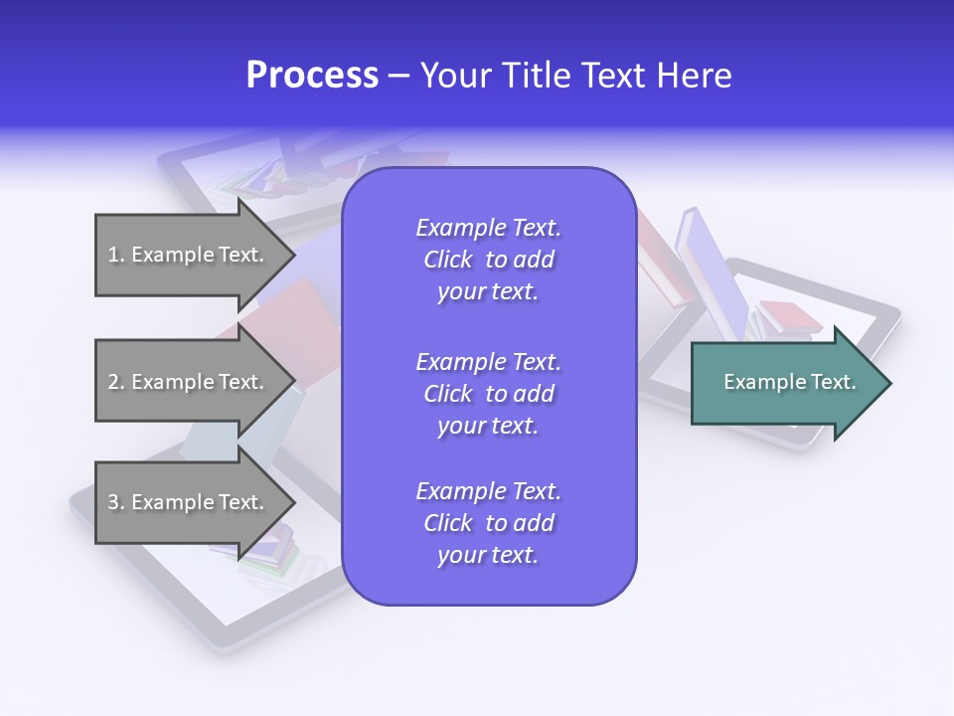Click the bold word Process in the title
pos(312,76)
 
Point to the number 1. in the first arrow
pos(115,255)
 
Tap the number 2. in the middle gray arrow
pos(115,382)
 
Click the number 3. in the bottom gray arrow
pos(115,502)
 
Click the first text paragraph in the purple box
pos(488,260)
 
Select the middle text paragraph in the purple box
pos(488,394)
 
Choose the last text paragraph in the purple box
pos(488,523)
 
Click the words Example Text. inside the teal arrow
pos(790,382)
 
